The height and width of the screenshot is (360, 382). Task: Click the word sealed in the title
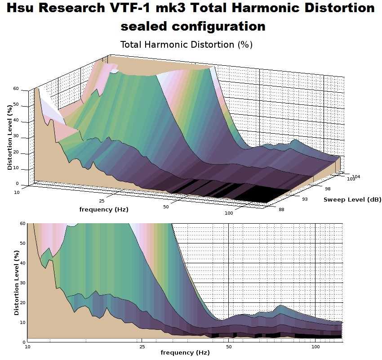[x=144, y=27]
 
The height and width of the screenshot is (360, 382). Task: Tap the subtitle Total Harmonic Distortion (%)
[x=187, y=45]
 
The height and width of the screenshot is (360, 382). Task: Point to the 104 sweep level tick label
[x=356, y=176]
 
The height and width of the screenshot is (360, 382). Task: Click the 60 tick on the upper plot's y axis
[x=16, y=89]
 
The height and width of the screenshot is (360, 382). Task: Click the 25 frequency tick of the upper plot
[x=102, y=201]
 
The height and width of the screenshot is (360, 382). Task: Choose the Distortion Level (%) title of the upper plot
[x=10, y=138]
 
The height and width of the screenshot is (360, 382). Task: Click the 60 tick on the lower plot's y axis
[x=22, y=224]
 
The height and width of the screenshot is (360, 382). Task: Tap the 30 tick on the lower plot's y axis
[x=22, y=283]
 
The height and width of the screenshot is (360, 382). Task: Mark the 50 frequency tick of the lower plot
[x=229, y=347]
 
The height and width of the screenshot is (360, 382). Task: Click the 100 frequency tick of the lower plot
[x=315, y=347]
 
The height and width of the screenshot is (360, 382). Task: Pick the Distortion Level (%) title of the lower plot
[x=17, y=282]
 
